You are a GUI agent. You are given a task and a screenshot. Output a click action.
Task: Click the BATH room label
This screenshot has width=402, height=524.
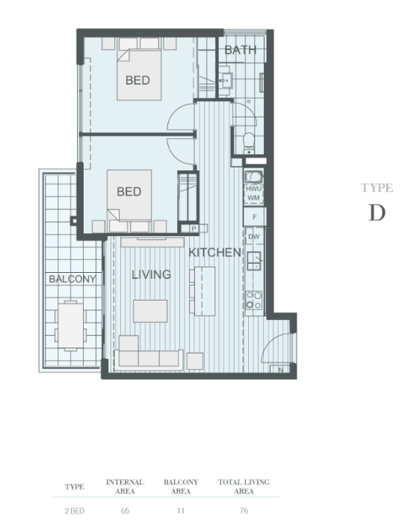pyautogui.click(x=241, y=50)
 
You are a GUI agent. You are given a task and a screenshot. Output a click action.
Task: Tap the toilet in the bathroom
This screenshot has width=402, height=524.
pyautogui.click(x=249, y=143)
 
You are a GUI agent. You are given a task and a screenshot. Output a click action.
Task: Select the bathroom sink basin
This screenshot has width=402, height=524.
pyautogui.click(x=225, y=80)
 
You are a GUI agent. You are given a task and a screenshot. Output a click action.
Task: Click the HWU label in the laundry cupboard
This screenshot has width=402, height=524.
pyautogui.click(x=253, y=189)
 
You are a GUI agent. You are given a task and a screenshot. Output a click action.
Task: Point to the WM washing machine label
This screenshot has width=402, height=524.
pyautogui.click(x=253, y=198)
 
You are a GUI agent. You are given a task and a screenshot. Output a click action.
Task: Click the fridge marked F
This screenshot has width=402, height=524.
pyautogui.click(x=255, y=217)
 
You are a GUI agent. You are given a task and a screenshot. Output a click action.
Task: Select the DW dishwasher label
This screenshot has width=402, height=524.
pyautogui.click(x=254, y=237)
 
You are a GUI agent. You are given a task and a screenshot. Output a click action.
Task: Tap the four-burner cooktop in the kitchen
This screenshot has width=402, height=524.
pyautogui.click(x=253, y=300)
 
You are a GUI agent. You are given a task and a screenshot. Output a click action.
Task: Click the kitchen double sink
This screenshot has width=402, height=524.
pyautogui.click(x=253, y=261)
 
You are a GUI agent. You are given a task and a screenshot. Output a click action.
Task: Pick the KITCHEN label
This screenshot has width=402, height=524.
pyautogui.click(x=214, y=253)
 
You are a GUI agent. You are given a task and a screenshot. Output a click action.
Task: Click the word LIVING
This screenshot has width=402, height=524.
pyautogui.click(x=151, y=274)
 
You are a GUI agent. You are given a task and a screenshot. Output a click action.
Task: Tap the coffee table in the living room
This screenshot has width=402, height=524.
pyautogui.click(x=150, y=311)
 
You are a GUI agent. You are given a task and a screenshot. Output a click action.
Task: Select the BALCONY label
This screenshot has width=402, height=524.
pyautogui.click(x=72, y=279)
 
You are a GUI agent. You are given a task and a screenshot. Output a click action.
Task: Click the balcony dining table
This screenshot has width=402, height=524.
pyautogui.click(x=70, y=325)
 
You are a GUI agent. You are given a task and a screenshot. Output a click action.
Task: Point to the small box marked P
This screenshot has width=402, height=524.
pyautogui.click(x=194, y=229)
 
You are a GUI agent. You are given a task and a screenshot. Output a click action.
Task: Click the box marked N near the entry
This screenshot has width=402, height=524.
pyautogui.click(x=281, y=369)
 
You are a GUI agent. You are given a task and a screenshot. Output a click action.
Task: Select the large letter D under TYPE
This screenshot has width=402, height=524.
pyautogui.click(x=377, y=212)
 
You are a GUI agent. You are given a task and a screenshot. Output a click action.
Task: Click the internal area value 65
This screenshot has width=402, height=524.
pyautogui.click(x=125, y=511)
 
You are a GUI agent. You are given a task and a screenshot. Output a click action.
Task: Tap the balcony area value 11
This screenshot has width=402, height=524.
pyautogui.click(x=181, y=511)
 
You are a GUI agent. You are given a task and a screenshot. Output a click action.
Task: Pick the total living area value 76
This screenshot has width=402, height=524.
pyautogui.click(x=244, y=511)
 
